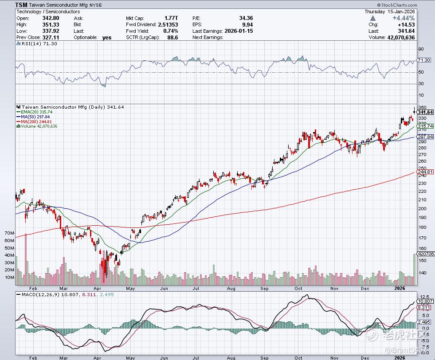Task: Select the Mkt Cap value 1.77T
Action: pyautogui.click(x=171, y=18)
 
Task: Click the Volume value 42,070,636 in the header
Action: pyautogui.click(x=398, y=38)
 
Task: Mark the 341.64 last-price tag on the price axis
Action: pyautogui.click(x=425, y=112)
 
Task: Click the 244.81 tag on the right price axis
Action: pyautogui.click(x=425, y=172)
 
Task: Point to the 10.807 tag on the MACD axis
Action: pyautogui.click(x=425, y=301)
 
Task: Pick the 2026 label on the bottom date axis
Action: pyautogui.click(x=400, y=357)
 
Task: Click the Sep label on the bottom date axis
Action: pyautogui.click(x=264, y=357)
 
